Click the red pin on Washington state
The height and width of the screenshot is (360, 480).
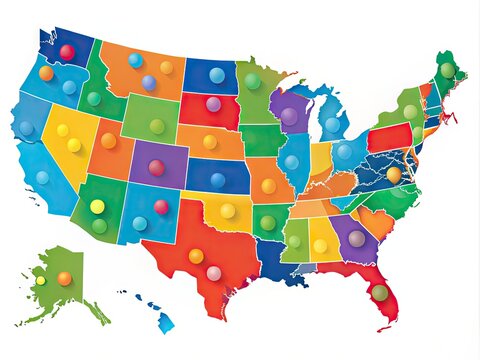(x=67, y=51)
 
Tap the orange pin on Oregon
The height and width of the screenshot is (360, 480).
(x=46, y=73)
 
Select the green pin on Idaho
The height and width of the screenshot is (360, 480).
(x=94, y=98)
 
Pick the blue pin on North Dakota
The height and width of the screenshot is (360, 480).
(x=217, y=75)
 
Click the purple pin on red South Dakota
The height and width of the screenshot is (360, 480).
(x=213, y=104)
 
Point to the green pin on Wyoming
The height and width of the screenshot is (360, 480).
(x=157, y=126)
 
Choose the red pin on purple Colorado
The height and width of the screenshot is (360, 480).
(x=156, y=167)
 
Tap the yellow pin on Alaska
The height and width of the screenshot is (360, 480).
(x=41, y=280)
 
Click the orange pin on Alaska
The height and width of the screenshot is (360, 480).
(x=65, y=278)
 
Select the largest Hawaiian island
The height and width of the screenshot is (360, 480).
(x=165, y=322)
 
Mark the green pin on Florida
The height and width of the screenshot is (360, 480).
(x=380, y=292)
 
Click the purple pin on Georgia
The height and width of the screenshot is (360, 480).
(x=356, y=238)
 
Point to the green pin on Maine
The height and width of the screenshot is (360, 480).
(x=447, y=70)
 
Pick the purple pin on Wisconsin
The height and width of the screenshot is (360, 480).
(x=289, y=116)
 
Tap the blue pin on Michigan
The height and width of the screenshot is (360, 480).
(x=332, y=125)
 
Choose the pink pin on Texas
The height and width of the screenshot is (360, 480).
(x=214, y=273)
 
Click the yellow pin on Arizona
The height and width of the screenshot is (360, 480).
(x=97, y=207)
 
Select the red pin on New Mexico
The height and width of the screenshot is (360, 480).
(x=161, y=207)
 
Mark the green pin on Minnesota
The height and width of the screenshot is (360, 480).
(x=253, y=81)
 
